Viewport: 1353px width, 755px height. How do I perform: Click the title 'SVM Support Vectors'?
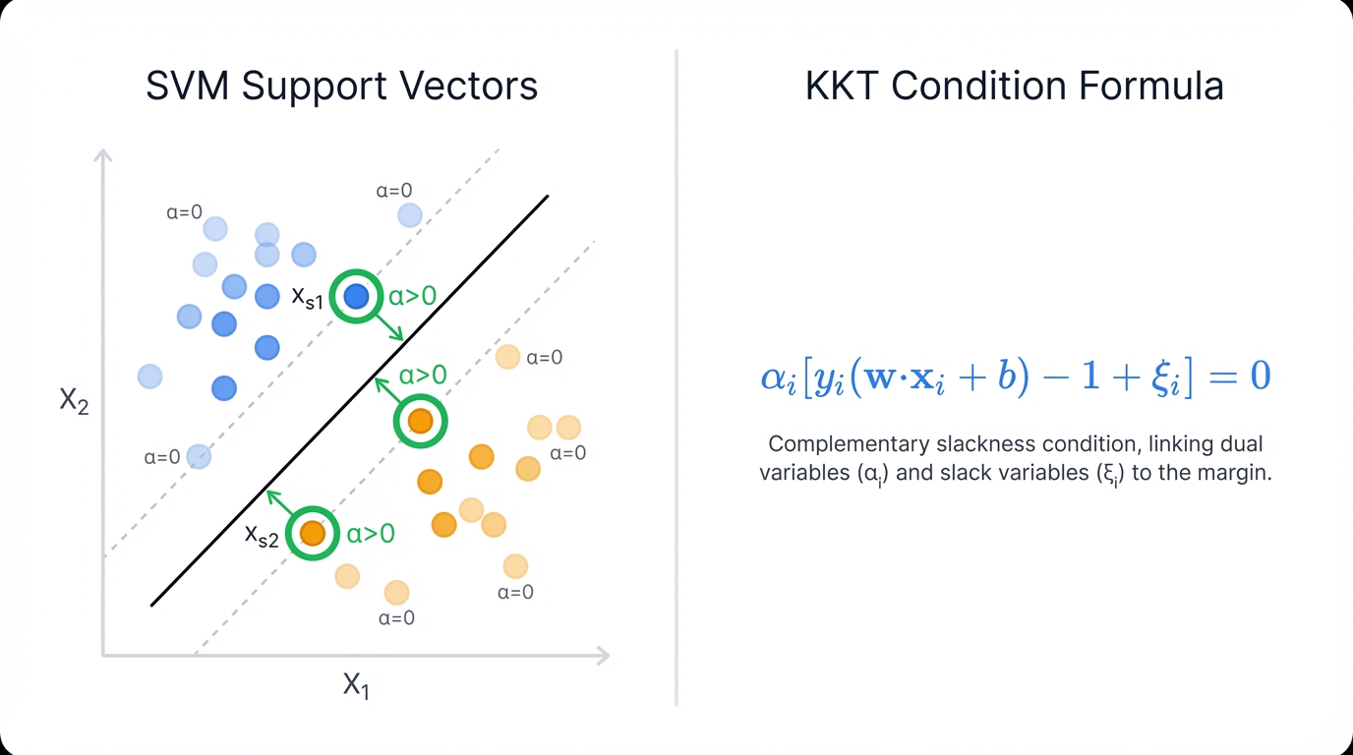(x=341, y=87)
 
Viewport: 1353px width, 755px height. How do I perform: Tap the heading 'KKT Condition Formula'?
(x=1014, y=87)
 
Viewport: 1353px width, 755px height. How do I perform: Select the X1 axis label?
(x=356, y=685)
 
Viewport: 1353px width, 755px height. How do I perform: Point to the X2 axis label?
(x=75, y=400)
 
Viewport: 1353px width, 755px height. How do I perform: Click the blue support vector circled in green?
(x=356, y=296)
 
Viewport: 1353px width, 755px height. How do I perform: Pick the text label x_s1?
(x=307, y=298)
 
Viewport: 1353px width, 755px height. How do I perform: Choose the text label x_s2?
(x=262, y=536)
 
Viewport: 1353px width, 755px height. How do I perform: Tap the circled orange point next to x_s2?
(x=313, y=533)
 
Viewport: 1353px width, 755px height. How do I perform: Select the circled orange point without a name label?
(x=421, y=421)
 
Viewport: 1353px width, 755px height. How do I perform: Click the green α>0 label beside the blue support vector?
(x=412, y=296)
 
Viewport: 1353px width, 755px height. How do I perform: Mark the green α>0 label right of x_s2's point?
(x=371, y=534)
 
